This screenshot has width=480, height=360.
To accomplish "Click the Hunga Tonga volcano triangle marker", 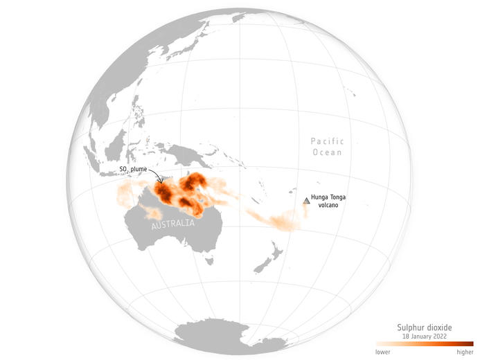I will [306, 200].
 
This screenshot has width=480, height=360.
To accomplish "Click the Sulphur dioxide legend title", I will [425, 327].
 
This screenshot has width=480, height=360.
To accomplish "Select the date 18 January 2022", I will [425, 336].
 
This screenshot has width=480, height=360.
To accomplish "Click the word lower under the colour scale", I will [382, 352].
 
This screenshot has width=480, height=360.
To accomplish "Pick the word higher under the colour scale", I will [465, 352].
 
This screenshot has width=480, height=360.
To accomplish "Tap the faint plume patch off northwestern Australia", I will [128, 190].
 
